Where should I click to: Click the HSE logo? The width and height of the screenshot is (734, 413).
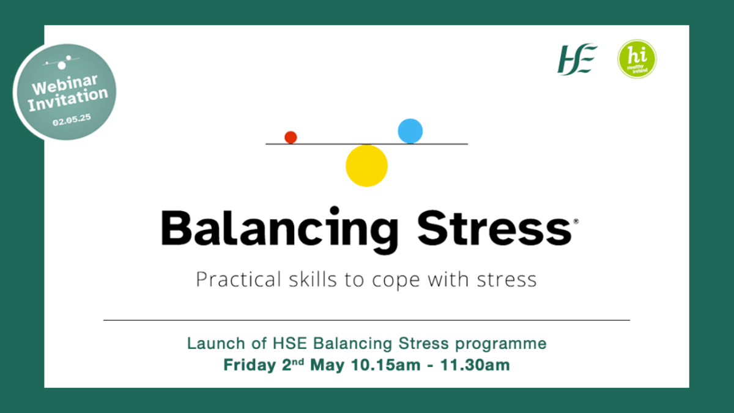point(577,59)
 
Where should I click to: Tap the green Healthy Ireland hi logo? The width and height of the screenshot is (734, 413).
point(637,59)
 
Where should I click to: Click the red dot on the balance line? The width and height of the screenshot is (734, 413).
point(291,137)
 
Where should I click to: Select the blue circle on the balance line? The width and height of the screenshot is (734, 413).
point(410,131)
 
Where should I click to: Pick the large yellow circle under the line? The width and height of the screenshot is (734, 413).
point(366,166)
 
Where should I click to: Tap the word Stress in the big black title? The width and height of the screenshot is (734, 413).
point(494,228)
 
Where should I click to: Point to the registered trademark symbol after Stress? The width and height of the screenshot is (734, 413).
point(576,221)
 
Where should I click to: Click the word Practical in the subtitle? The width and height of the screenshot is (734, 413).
point(239,279)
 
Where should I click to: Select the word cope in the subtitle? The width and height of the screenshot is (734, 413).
point(396,281)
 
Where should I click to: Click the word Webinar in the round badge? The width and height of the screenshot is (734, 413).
point(65,84)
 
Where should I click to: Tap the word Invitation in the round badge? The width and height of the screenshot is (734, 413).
point(68,100)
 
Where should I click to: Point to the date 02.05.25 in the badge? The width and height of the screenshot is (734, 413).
point(72,120)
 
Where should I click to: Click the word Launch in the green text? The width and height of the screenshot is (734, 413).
point(216,343)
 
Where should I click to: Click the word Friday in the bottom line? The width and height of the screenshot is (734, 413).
point(250,365)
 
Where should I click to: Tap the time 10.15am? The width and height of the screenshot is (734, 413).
point(386,365)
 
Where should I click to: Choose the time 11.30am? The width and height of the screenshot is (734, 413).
point(475,365)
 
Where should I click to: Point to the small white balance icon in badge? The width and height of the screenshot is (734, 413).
point(61,62)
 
